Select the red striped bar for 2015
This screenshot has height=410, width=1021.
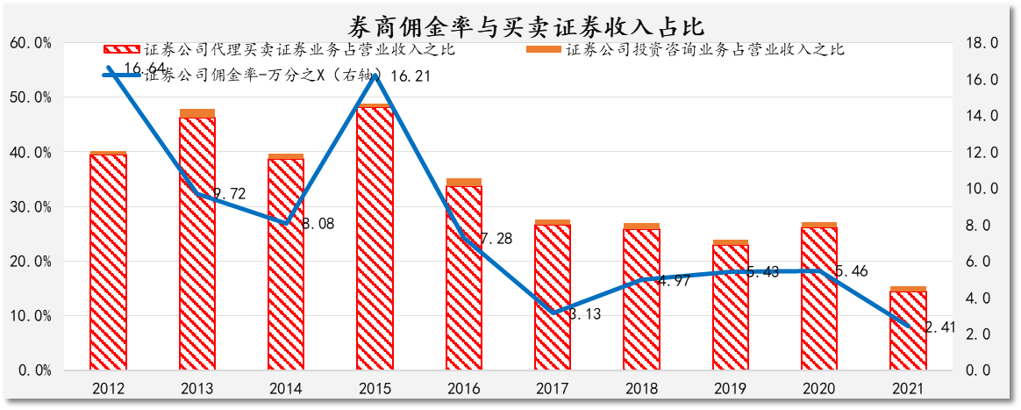[375, 237]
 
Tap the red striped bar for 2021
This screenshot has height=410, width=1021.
[908, 329]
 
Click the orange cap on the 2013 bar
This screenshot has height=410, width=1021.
[197, 113]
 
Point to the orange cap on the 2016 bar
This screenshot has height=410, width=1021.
[464, 182]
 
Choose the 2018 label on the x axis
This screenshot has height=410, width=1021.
[641, 388]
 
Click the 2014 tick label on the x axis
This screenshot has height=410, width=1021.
[286, 388]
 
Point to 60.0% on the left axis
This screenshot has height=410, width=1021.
[31, 42]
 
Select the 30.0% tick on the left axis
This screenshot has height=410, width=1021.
[31, 206]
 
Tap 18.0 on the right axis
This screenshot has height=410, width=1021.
[982, 42]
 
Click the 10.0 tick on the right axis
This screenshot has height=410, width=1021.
[982, 188]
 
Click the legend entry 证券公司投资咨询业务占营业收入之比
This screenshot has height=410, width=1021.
[704, 49]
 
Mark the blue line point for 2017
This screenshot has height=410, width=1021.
[553, 313]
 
